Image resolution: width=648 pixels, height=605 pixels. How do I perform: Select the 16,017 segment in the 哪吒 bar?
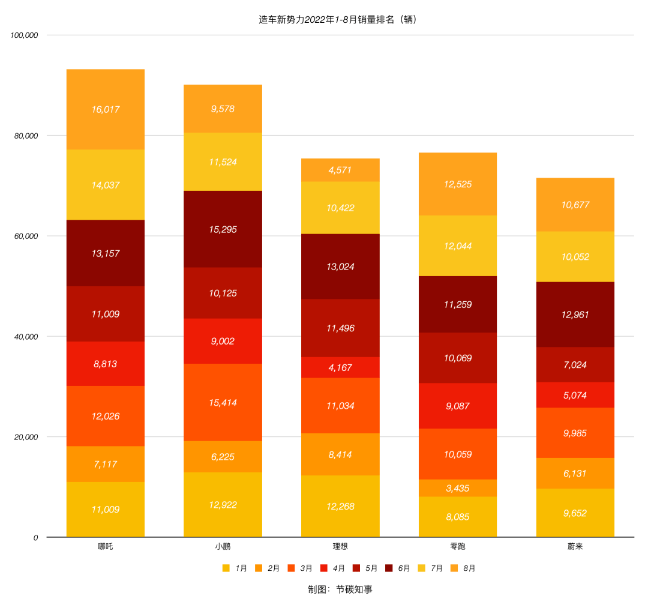pos(106,109)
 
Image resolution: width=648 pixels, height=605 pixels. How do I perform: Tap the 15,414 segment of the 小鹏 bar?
pos(223,402)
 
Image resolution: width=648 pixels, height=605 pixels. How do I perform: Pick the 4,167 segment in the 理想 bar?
pos(340,367)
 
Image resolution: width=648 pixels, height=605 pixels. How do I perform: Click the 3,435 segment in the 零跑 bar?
pos(458,488)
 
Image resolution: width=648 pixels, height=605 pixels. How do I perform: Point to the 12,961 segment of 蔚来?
pos(575,314)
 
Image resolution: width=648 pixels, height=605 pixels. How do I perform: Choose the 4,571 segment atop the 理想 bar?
pos(340,170)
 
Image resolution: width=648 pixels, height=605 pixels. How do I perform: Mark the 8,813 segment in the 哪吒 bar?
pos(106,364)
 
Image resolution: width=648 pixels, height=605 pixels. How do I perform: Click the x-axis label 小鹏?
pos(223,547)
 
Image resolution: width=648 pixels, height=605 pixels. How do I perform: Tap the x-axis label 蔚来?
pos(575,547)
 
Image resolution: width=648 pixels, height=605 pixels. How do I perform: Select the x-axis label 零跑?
pos(458,547)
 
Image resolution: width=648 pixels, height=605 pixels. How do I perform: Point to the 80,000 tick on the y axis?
pos(26,136)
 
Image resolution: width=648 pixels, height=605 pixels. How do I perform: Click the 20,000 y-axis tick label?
pos(26,437)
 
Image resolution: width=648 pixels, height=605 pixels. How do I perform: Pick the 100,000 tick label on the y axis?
pos(25,35)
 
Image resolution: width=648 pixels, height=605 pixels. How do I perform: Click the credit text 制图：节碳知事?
pos(340,589)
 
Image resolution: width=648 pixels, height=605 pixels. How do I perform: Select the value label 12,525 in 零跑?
pos(458,184)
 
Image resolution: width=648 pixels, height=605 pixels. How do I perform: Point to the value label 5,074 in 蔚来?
pos(575,396)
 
